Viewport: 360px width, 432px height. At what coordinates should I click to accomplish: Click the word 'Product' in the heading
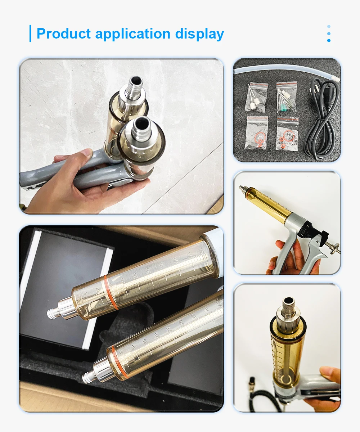point(64,34)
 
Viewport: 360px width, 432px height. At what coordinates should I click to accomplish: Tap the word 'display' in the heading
point(199,34)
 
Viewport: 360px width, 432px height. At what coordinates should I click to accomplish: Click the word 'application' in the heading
point(133,34)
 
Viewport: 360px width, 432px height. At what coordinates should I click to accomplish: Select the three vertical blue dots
point(329,33)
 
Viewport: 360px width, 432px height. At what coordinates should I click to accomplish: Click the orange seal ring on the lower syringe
point(121,361)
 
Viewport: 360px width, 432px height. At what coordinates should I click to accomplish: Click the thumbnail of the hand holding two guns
point(121,136)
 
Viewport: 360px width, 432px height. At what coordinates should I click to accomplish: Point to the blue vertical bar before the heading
point(30,33)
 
